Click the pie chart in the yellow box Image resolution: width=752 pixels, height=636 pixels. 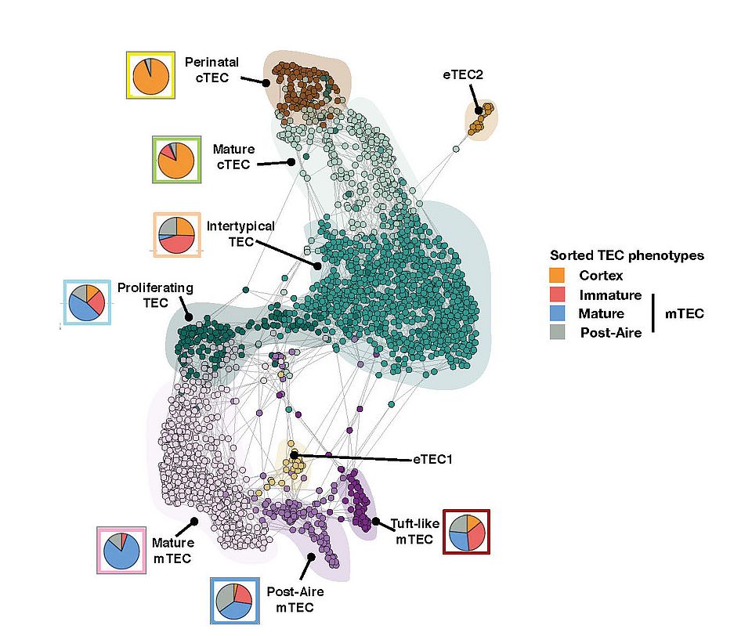[x=150, y=75]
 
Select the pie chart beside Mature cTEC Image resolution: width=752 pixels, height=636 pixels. [x=175, y=161]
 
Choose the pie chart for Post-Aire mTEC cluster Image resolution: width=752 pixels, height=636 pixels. [x=233, y=601]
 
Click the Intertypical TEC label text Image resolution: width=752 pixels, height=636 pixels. [x=240, y=233]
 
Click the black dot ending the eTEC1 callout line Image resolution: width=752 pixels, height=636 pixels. [x=294, y=455]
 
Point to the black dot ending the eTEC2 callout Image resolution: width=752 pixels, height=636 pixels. [x=478, y=111]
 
